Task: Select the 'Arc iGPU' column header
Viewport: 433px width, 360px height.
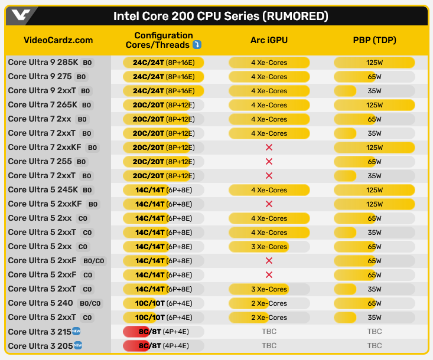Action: (x=269, y=40)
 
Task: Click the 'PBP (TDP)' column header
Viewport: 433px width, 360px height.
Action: (x=374, y=40)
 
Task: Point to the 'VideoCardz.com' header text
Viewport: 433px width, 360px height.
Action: (x=58, y=40)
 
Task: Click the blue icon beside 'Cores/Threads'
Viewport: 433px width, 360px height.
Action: (x=197, y=45)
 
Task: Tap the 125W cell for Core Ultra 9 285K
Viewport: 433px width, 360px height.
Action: (x=374, y=63)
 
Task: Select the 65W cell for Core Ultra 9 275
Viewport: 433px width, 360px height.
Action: (x=374, y=77)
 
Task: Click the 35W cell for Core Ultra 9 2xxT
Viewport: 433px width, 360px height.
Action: (x=374, y=91)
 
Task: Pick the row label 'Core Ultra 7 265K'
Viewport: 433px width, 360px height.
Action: (x=43, y=105)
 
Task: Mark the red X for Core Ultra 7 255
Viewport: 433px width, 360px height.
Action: (x=269, y=162)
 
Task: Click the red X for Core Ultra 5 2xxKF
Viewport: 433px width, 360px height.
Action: (x=269, y=204)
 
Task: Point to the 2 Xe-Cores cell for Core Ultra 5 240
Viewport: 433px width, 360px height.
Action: (x=269, y=303)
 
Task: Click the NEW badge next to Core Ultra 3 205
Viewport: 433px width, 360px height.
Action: (x=77, y=346)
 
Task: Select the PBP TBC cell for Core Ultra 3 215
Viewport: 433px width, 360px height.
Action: (x=374, y=332)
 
